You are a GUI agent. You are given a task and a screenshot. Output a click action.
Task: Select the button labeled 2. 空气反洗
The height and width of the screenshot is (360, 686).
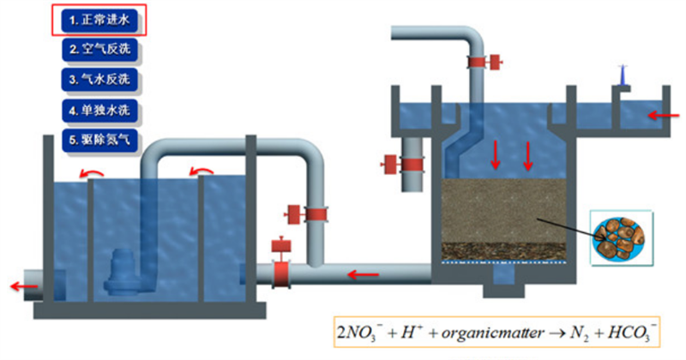[x=99, y=50]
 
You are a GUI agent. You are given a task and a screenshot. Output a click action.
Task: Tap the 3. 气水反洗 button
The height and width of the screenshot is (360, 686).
[x=99, y=80]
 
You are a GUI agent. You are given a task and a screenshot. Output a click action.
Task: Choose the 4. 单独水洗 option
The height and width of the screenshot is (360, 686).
[x=99, y=110]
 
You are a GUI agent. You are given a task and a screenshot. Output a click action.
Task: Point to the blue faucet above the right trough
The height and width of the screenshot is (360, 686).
[x=624, y=79]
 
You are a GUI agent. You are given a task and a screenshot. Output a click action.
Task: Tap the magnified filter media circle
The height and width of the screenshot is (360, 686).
[x=622, y=237]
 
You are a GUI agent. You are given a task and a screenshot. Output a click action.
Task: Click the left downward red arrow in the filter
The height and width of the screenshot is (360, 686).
[x=496, y=153]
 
